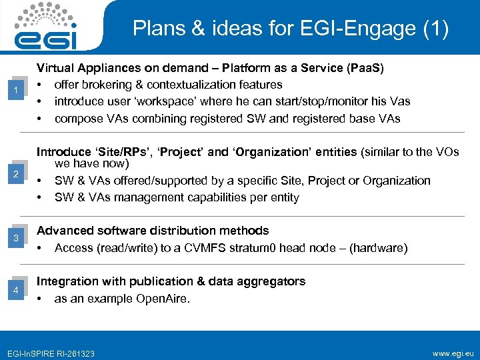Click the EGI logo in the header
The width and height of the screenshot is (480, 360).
tap(47, 26)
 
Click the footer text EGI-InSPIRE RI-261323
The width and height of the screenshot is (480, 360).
tap(50, 353)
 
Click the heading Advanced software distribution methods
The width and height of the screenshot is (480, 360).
tap(153, 231)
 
